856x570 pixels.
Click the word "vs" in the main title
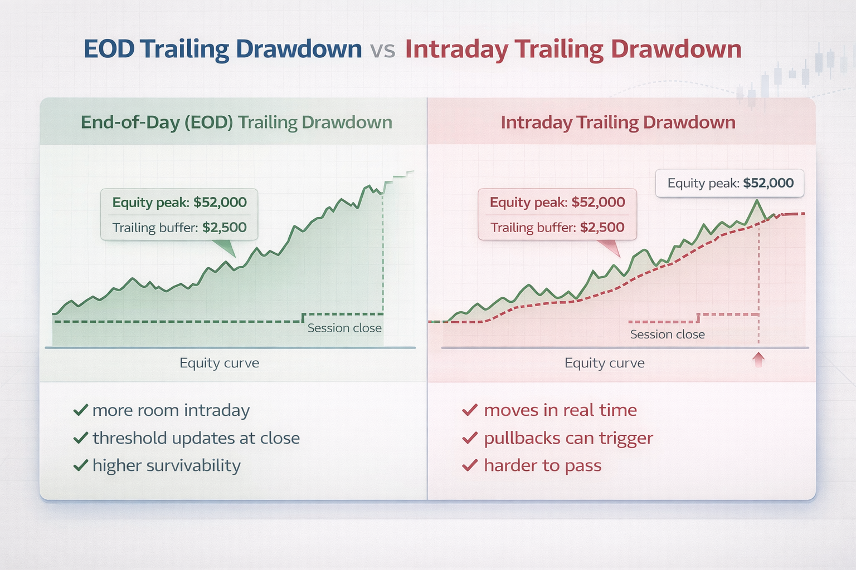coord(382,50)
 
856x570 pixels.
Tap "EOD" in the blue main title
coord(109,49)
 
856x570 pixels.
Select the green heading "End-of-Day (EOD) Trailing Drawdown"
coord(236,122)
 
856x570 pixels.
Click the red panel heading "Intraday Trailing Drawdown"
coord(618,122)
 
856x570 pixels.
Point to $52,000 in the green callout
coord(220,203)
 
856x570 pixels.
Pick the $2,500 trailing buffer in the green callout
coord(224,228)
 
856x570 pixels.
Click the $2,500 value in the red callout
coord(602,228)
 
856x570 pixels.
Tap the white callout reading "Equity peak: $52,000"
coord(729,183)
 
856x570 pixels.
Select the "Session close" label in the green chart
coord(344,328)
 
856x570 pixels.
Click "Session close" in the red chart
coord(667,335)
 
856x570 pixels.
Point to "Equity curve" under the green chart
coord(219,363)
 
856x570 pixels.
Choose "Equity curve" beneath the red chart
coord(604,363)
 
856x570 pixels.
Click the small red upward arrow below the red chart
coord(758,360)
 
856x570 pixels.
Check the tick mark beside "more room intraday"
coord(81,410)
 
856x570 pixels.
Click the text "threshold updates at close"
coord(196,438)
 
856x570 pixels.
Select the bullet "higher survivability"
coord(166,465)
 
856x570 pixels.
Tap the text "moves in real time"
coord(560,410)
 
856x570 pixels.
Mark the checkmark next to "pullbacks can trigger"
coord(470,438)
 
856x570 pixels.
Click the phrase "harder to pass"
coord(542,465)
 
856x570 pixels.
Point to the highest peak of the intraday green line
coord(757,200)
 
